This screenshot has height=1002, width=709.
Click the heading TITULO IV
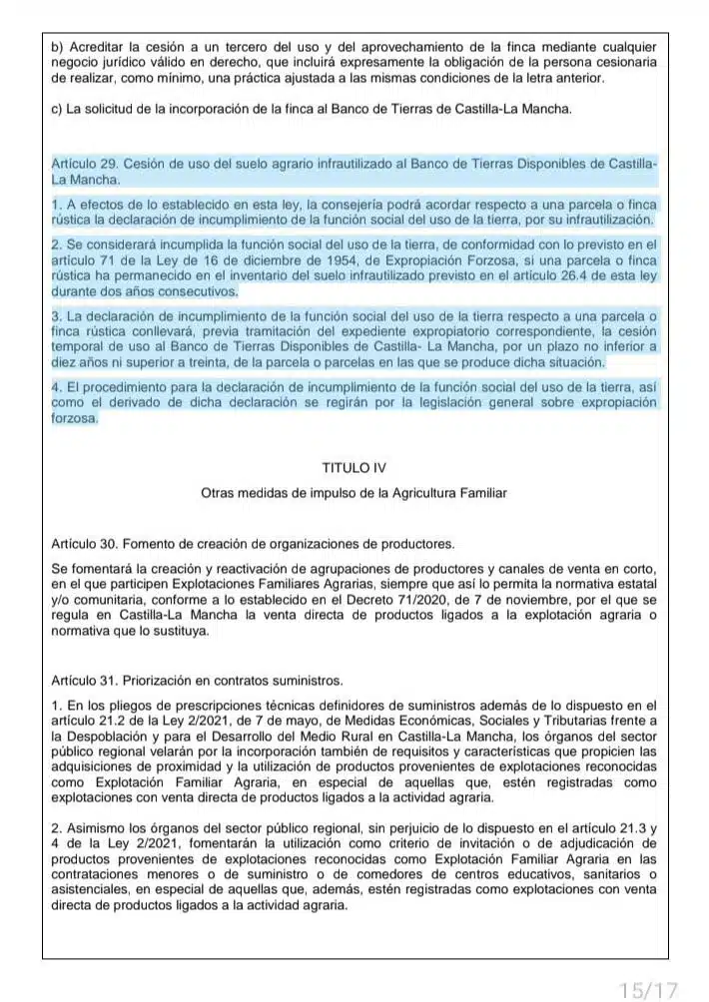click(x=354, y=467)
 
